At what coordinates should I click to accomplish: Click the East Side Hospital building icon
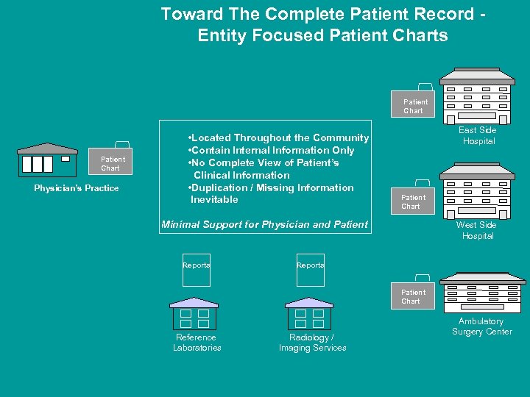tap(476, 96)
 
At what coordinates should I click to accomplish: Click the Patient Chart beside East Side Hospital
tap(415, 104)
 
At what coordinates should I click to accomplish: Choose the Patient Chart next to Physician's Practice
tap(113, 161)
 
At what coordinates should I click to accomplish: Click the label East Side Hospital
tap(478, 135)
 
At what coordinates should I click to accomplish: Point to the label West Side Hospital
tap(476, 230)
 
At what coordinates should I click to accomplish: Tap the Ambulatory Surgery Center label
tap(481, 326)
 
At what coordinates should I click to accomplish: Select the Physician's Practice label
tap(77, 188)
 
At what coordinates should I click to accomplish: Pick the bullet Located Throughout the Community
tap(278, 137)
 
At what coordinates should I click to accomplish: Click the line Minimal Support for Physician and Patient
tap(264, 224)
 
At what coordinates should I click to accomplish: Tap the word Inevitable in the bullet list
tap(214, 200)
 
